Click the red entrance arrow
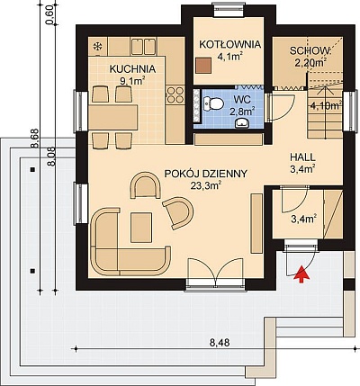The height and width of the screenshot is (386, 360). pyautogui.click(x=302, y=274)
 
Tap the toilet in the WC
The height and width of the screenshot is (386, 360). pyautogui.click(x=213, y=103)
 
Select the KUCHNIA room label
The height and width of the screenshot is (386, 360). pyautogui.click(x=132, y=69)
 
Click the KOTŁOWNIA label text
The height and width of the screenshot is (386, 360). pyautogui.click(x=230, y=45)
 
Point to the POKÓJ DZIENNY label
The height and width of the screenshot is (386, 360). pyautogui.click(x=206, y=174)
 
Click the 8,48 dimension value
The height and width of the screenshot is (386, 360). pyautogui.click(x=220, y=342)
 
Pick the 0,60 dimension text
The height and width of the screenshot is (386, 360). pyautogui.click(x=50, y=15)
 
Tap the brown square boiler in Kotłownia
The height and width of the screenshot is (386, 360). pyautogui.click(x=203, y=66)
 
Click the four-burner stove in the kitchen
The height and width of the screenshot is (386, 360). pyautogui.click(x=175, y=94)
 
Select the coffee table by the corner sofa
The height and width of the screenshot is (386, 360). pyautogui.click(x=141, y=227)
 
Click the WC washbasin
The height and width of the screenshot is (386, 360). pyautogui.click(x=241, y=123)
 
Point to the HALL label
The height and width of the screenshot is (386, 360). pyautogui.click(x=302, y=157)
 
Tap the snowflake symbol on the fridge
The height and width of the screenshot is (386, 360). pyautogui.click(x=97, y=46)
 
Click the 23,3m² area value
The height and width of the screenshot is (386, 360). pyautogui.click(x=206, y=185)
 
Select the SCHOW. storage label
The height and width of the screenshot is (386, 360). pyautogui.click(x=310, y=50)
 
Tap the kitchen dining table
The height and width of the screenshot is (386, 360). pyautogui.click(x=112, y=117)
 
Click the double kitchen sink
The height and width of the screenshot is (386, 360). pyautogui.click(x=143, y=47)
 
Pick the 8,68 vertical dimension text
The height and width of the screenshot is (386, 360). pyautogui.click(x=35, y=139)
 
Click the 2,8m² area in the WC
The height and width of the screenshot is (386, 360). pyautogui.click(x=242, y=112)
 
